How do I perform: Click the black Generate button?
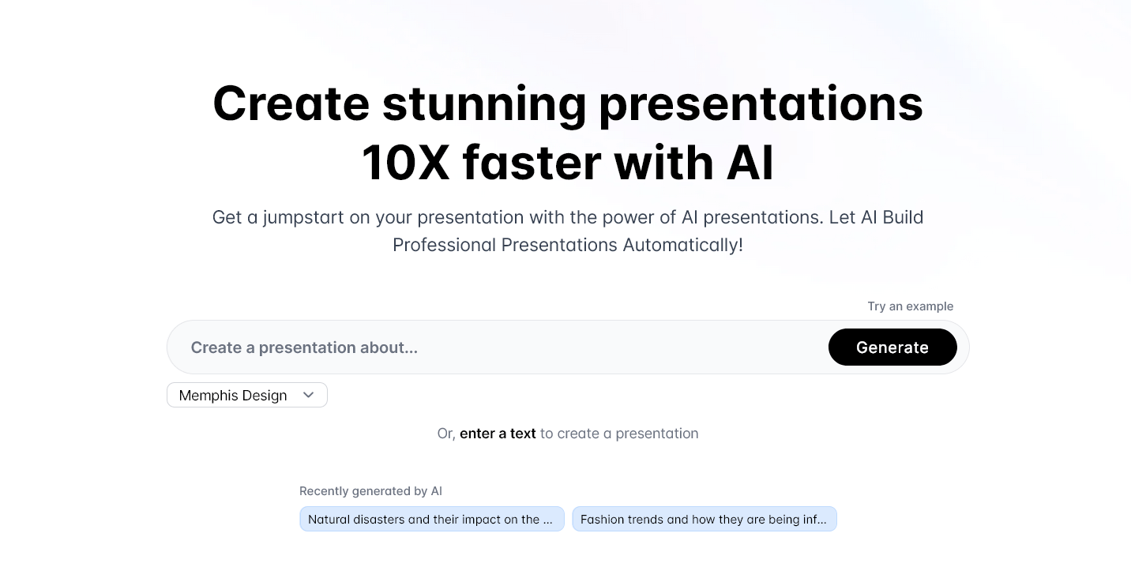[x=892, y=347]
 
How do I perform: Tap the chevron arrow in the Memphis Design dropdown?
[x=309, y=396]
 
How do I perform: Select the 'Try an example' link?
[x=910, y=306]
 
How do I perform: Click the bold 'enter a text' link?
[x=498, y=434]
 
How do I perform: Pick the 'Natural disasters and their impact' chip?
[x=431, y=520]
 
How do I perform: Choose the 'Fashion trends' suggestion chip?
[x=704, y=520]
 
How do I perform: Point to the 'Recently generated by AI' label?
[x=370, y=491]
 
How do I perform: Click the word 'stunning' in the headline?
[x=484, y=103]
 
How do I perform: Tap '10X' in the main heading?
[x=405, y=163]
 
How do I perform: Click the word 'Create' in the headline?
[x=291, y=103]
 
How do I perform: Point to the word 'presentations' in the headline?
[x=761, y=103]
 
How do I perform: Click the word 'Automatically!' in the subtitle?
[x=682, y=245]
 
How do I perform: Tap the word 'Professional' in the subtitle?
[x=445, y=245]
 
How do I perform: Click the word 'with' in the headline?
[x=659, y=163]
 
